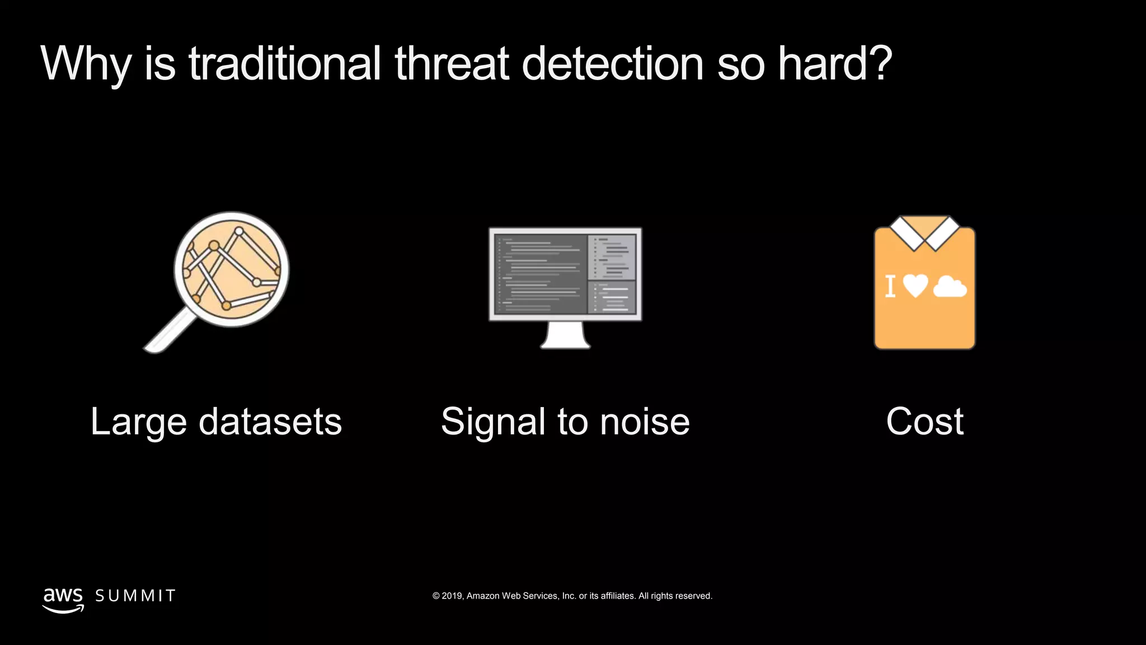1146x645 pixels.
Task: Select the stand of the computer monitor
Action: [x=565, y=335]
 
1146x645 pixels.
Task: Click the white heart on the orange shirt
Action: [x=915, y=286]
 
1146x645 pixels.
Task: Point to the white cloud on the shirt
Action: [x=950, y=287]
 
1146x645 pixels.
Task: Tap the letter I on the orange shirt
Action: [x=890, y=286]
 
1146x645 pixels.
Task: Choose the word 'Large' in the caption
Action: [x=138, y=422]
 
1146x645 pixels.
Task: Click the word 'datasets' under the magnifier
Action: [x=270, y=421]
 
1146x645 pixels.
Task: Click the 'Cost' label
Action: [x=924, y=421]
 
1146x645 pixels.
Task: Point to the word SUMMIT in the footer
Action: [x=135, y=596]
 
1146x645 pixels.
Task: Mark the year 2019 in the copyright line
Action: [x=452, y=596]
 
